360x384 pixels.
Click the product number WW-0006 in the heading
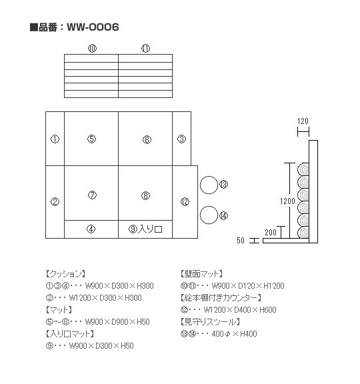click(93, 27)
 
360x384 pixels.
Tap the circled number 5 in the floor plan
click(91, 139)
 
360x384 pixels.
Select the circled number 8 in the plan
click(146, 196)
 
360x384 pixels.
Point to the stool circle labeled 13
click(209, 185)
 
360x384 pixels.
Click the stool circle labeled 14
click(209, 215)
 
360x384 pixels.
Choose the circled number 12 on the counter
click(185, 202)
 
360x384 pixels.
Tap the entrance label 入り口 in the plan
click(150, 229)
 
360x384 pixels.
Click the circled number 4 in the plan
click(91, 229)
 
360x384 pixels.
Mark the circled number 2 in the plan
click(55, 202)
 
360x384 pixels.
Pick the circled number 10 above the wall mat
click(92, 49)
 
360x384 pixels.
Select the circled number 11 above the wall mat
click(146, 49)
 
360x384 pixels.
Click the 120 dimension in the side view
click(303, 121)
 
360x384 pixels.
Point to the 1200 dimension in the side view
click(287, 201)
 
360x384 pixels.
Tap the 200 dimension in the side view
click(271, 233)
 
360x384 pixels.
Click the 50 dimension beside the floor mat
click(241, 241)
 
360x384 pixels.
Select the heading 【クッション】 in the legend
click(65, 274)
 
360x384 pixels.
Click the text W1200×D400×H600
click(240, 310)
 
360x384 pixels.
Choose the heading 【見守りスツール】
click(210, 322)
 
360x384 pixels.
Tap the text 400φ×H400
click(235, 334)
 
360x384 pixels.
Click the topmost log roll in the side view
click(303, 169)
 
